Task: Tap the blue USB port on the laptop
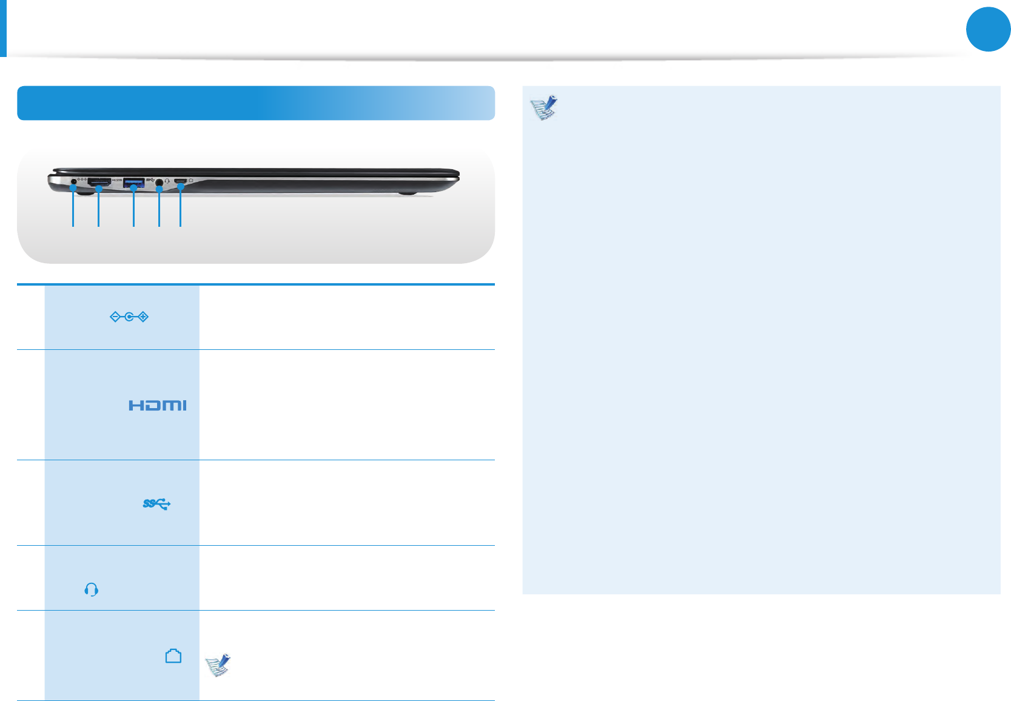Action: click(134, 181)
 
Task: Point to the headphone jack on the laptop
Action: click(160, 181)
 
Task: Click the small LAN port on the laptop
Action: click(181, 181)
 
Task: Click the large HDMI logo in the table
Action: click(157, 405)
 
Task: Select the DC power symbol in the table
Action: click(129, 317)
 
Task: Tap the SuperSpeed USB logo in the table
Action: click(156, 503)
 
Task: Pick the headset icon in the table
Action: click(92, 589)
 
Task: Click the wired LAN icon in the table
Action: click(173, 656)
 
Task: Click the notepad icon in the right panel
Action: click(544, 107)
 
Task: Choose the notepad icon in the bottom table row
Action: click(218, 665)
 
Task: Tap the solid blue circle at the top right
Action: click(988, 29)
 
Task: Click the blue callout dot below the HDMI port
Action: click(98, 189)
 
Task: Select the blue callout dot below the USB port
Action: click(133, 188)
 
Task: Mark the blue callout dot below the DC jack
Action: click(73, 189)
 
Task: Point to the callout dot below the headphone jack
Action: click(159, 190)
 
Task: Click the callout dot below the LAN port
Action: click(180, 189)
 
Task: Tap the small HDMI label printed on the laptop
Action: click(117, 181)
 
